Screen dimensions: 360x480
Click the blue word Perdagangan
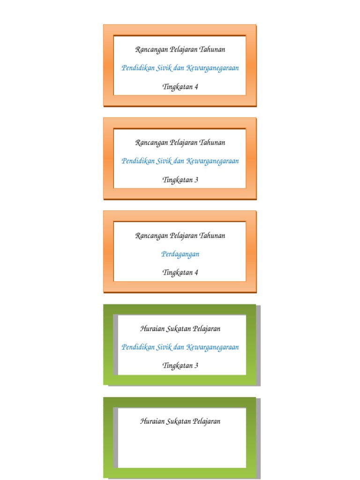click(x=180, y=254)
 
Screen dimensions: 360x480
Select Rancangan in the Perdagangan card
click(x=148, y=236)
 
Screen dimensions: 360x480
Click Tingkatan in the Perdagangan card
click(x=177, y=272)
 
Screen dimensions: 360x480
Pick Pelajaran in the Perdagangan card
click(x=180, y=235)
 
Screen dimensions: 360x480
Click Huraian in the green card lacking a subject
click(x=151, y=421)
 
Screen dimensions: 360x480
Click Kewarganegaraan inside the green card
click(x=212, y=347)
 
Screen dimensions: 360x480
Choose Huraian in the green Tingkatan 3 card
click(x=151, y=329)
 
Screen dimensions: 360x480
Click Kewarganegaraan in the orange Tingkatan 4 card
click(x=212, y=68)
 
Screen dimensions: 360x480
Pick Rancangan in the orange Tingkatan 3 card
click(x=148, y=142)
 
